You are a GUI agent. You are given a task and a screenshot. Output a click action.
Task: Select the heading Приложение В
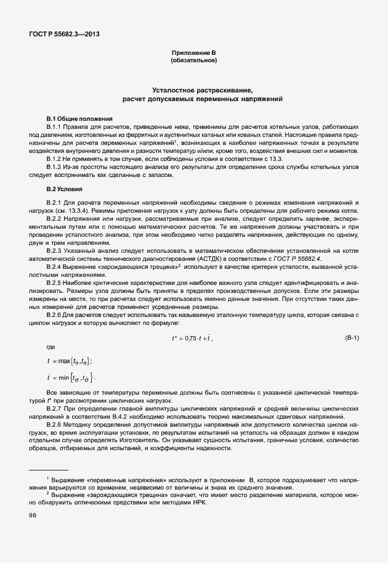(x=193, y=54)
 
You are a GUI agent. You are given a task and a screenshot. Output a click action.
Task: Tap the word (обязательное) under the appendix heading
(x=193, y=61)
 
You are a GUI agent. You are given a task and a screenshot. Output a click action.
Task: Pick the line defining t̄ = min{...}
(x=70, y=376)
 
